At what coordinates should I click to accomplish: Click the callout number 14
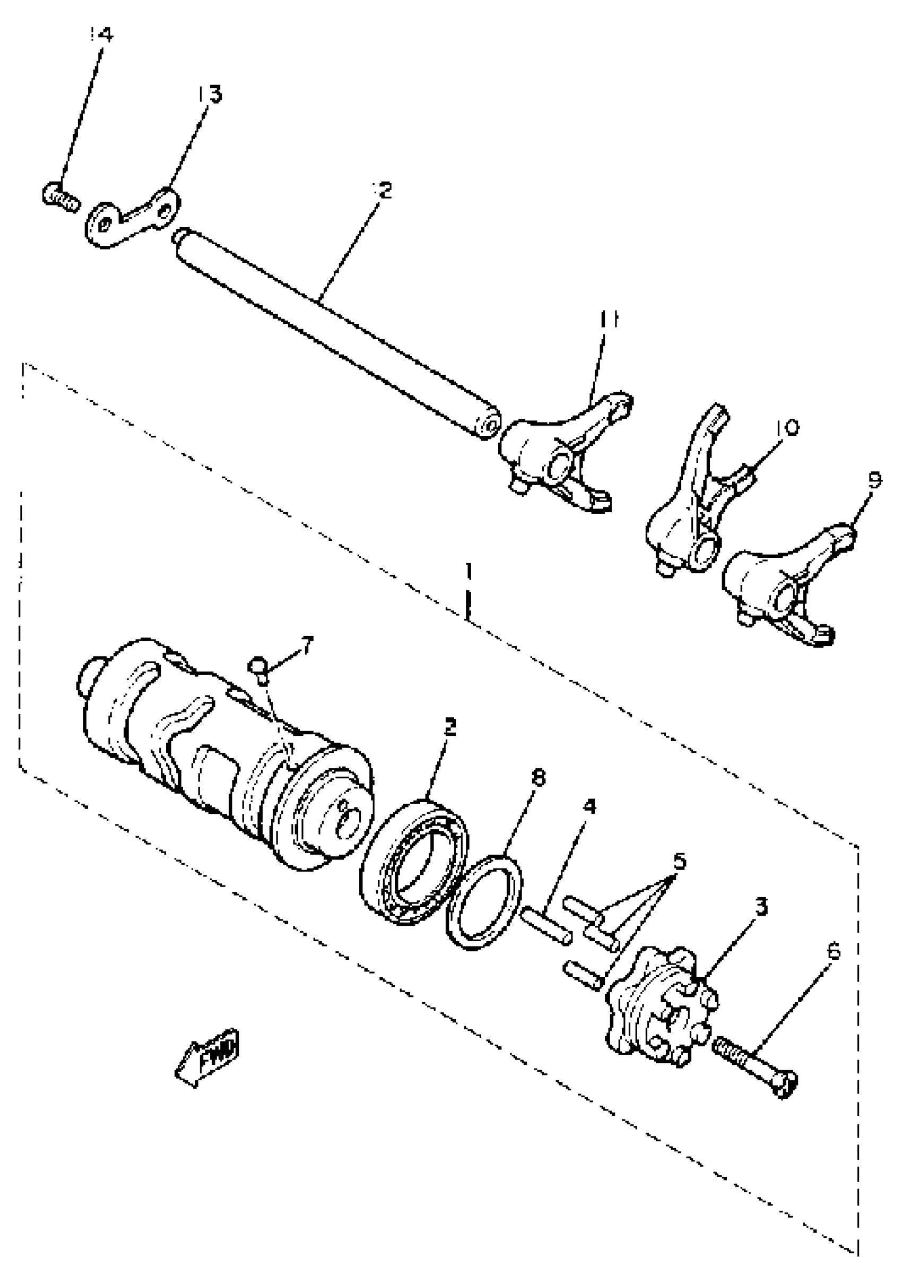[101, 35]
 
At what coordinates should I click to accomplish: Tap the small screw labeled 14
[60, 197]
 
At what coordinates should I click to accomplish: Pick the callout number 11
[609, 321]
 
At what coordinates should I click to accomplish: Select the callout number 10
[786, 428]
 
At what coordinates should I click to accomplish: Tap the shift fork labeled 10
[689, 503]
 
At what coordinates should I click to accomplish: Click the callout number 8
[538, 779]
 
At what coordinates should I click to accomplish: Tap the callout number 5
[679, 862]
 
